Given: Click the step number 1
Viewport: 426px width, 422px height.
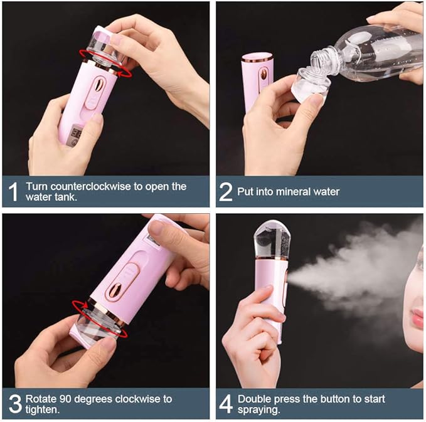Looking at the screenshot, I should coord(13,192).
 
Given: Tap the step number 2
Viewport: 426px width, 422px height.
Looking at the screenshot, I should coord(225,192).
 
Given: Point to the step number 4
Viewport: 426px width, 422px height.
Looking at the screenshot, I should coord(225,404).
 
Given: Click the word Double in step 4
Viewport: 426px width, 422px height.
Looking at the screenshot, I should coord(253,399).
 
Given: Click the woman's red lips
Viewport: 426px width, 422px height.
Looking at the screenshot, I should coord(417,319).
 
